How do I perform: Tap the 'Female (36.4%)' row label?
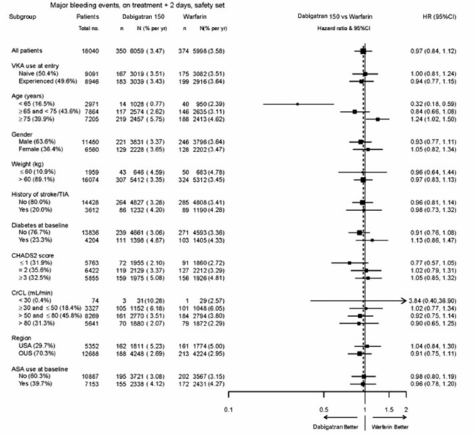pos(32,150)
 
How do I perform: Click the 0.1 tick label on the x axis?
pos(229,410)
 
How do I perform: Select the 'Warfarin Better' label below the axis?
pos(389,426)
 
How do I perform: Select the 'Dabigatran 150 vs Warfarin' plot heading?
pos(334,15)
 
